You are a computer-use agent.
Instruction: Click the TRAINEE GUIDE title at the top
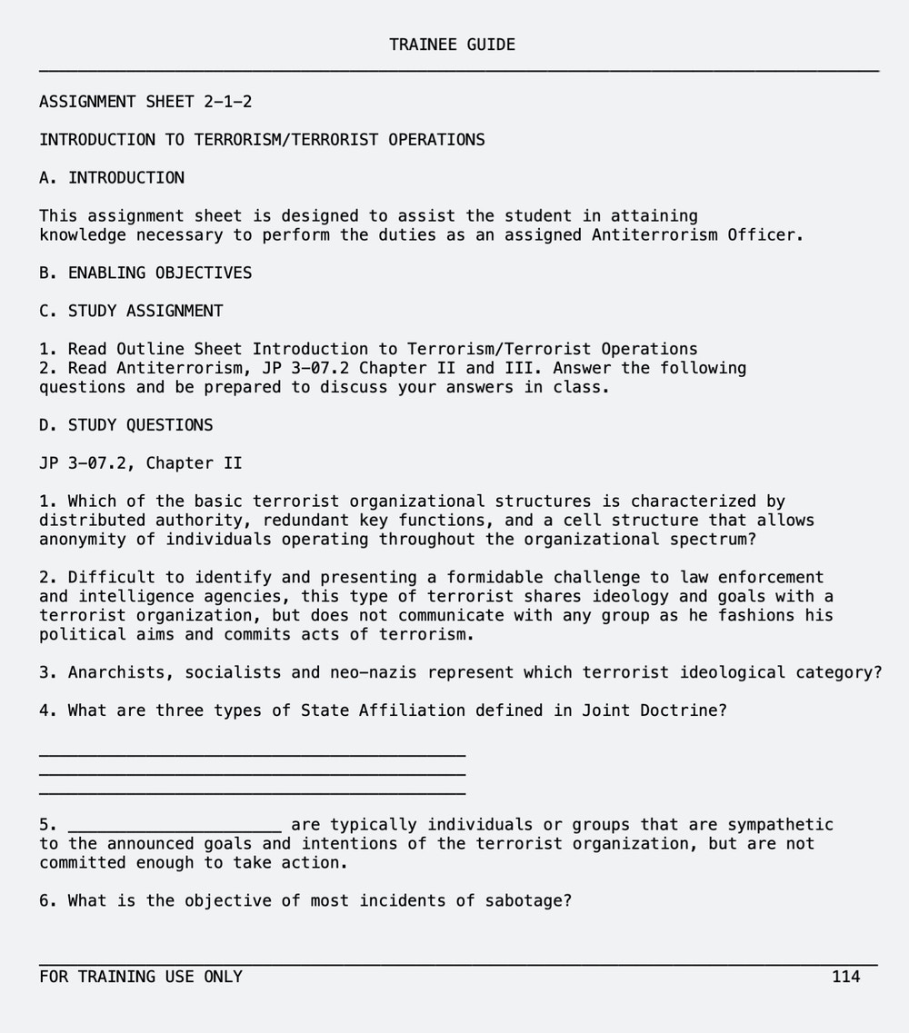point(452,45)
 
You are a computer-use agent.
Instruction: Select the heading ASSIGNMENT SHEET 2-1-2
point(145,102)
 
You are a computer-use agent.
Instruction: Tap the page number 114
point(845,977)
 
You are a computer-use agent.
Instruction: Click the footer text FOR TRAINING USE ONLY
point(141,977)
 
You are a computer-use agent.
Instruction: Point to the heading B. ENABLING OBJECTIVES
point(145,273)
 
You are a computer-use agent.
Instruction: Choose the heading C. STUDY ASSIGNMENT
point(131,311)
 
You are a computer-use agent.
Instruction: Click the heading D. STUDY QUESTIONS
point(126,425)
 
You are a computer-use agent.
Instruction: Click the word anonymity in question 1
point(83,540)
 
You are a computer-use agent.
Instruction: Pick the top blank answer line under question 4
point(252,754)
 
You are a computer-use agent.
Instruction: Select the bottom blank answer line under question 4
point(252,793)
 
